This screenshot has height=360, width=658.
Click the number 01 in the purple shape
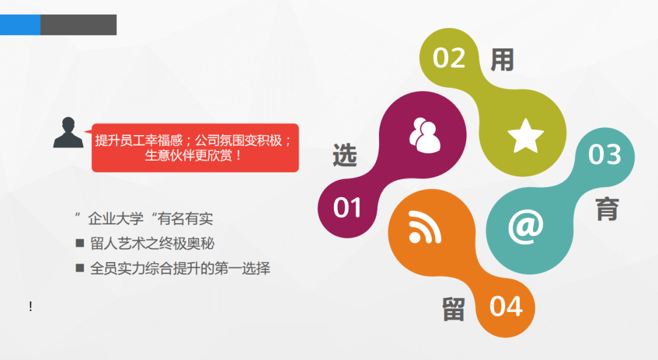(347, 208)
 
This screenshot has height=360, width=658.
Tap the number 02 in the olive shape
(449, 58)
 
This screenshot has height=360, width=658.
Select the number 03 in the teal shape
(605, 154)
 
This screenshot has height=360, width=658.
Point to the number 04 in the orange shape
(506, 306)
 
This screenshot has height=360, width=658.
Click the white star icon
(525, 135)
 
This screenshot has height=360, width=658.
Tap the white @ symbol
(525, 227)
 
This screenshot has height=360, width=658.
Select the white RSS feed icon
(425, 227)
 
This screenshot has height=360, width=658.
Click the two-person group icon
(425, 135)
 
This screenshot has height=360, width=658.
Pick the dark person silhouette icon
(68, 132)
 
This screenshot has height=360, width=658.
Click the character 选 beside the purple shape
(345, 155)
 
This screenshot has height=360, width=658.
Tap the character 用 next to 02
(502, 60)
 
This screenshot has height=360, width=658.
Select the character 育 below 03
(607, 208)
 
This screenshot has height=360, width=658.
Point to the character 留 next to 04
(454, 309)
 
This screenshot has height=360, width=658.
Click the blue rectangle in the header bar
(20, 25)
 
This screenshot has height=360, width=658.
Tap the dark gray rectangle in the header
(79, 25)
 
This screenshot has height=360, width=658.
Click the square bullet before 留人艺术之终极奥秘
(80, 243)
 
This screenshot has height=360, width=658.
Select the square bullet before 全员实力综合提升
(80, 267)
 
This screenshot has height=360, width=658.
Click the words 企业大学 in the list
(116, 219)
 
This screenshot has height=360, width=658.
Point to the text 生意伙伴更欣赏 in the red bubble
(188, 156)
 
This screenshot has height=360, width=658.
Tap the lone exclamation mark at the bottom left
(30, 306)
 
